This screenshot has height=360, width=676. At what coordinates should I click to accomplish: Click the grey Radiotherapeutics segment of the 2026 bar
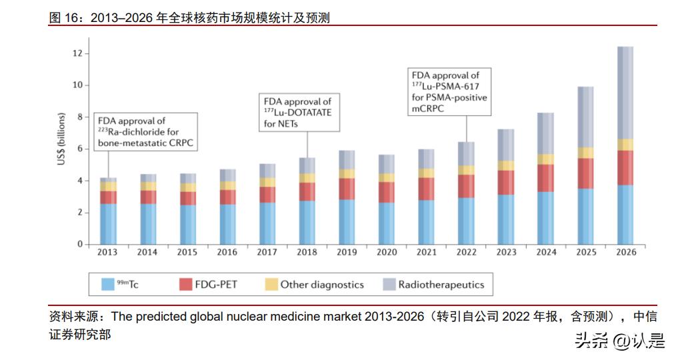click(x=625, y=93)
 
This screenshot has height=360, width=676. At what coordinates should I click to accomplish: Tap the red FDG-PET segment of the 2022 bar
click(x=466, y=186)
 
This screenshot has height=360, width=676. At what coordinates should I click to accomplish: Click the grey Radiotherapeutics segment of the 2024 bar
click(x=545, y=133)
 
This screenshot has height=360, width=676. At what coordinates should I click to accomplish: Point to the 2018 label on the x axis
click(x=307, y=253)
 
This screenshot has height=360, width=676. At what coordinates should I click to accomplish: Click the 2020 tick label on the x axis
click(x=386, y=253)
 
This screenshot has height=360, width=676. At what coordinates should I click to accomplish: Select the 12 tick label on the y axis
click(x=77, y=53)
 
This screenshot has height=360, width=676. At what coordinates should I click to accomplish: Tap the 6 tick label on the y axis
click(x=79, y=149)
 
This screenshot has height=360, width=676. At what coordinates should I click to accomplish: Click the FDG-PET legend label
click(x=217, y=285)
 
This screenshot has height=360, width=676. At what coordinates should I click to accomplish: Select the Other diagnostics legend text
click(x=322, y=285)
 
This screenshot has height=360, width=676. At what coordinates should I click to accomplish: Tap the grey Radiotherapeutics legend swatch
click(x=389, y=285)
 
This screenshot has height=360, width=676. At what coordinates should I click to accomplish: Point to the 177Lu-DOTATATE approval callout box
click(x=297, y=112)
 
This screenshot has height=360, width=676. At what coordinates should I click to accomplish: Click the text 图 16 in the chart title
click(x=65, y=18)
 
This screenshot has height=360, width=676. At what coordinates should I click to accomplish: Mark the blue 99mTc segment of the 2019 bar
click(x=347, y=221)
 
